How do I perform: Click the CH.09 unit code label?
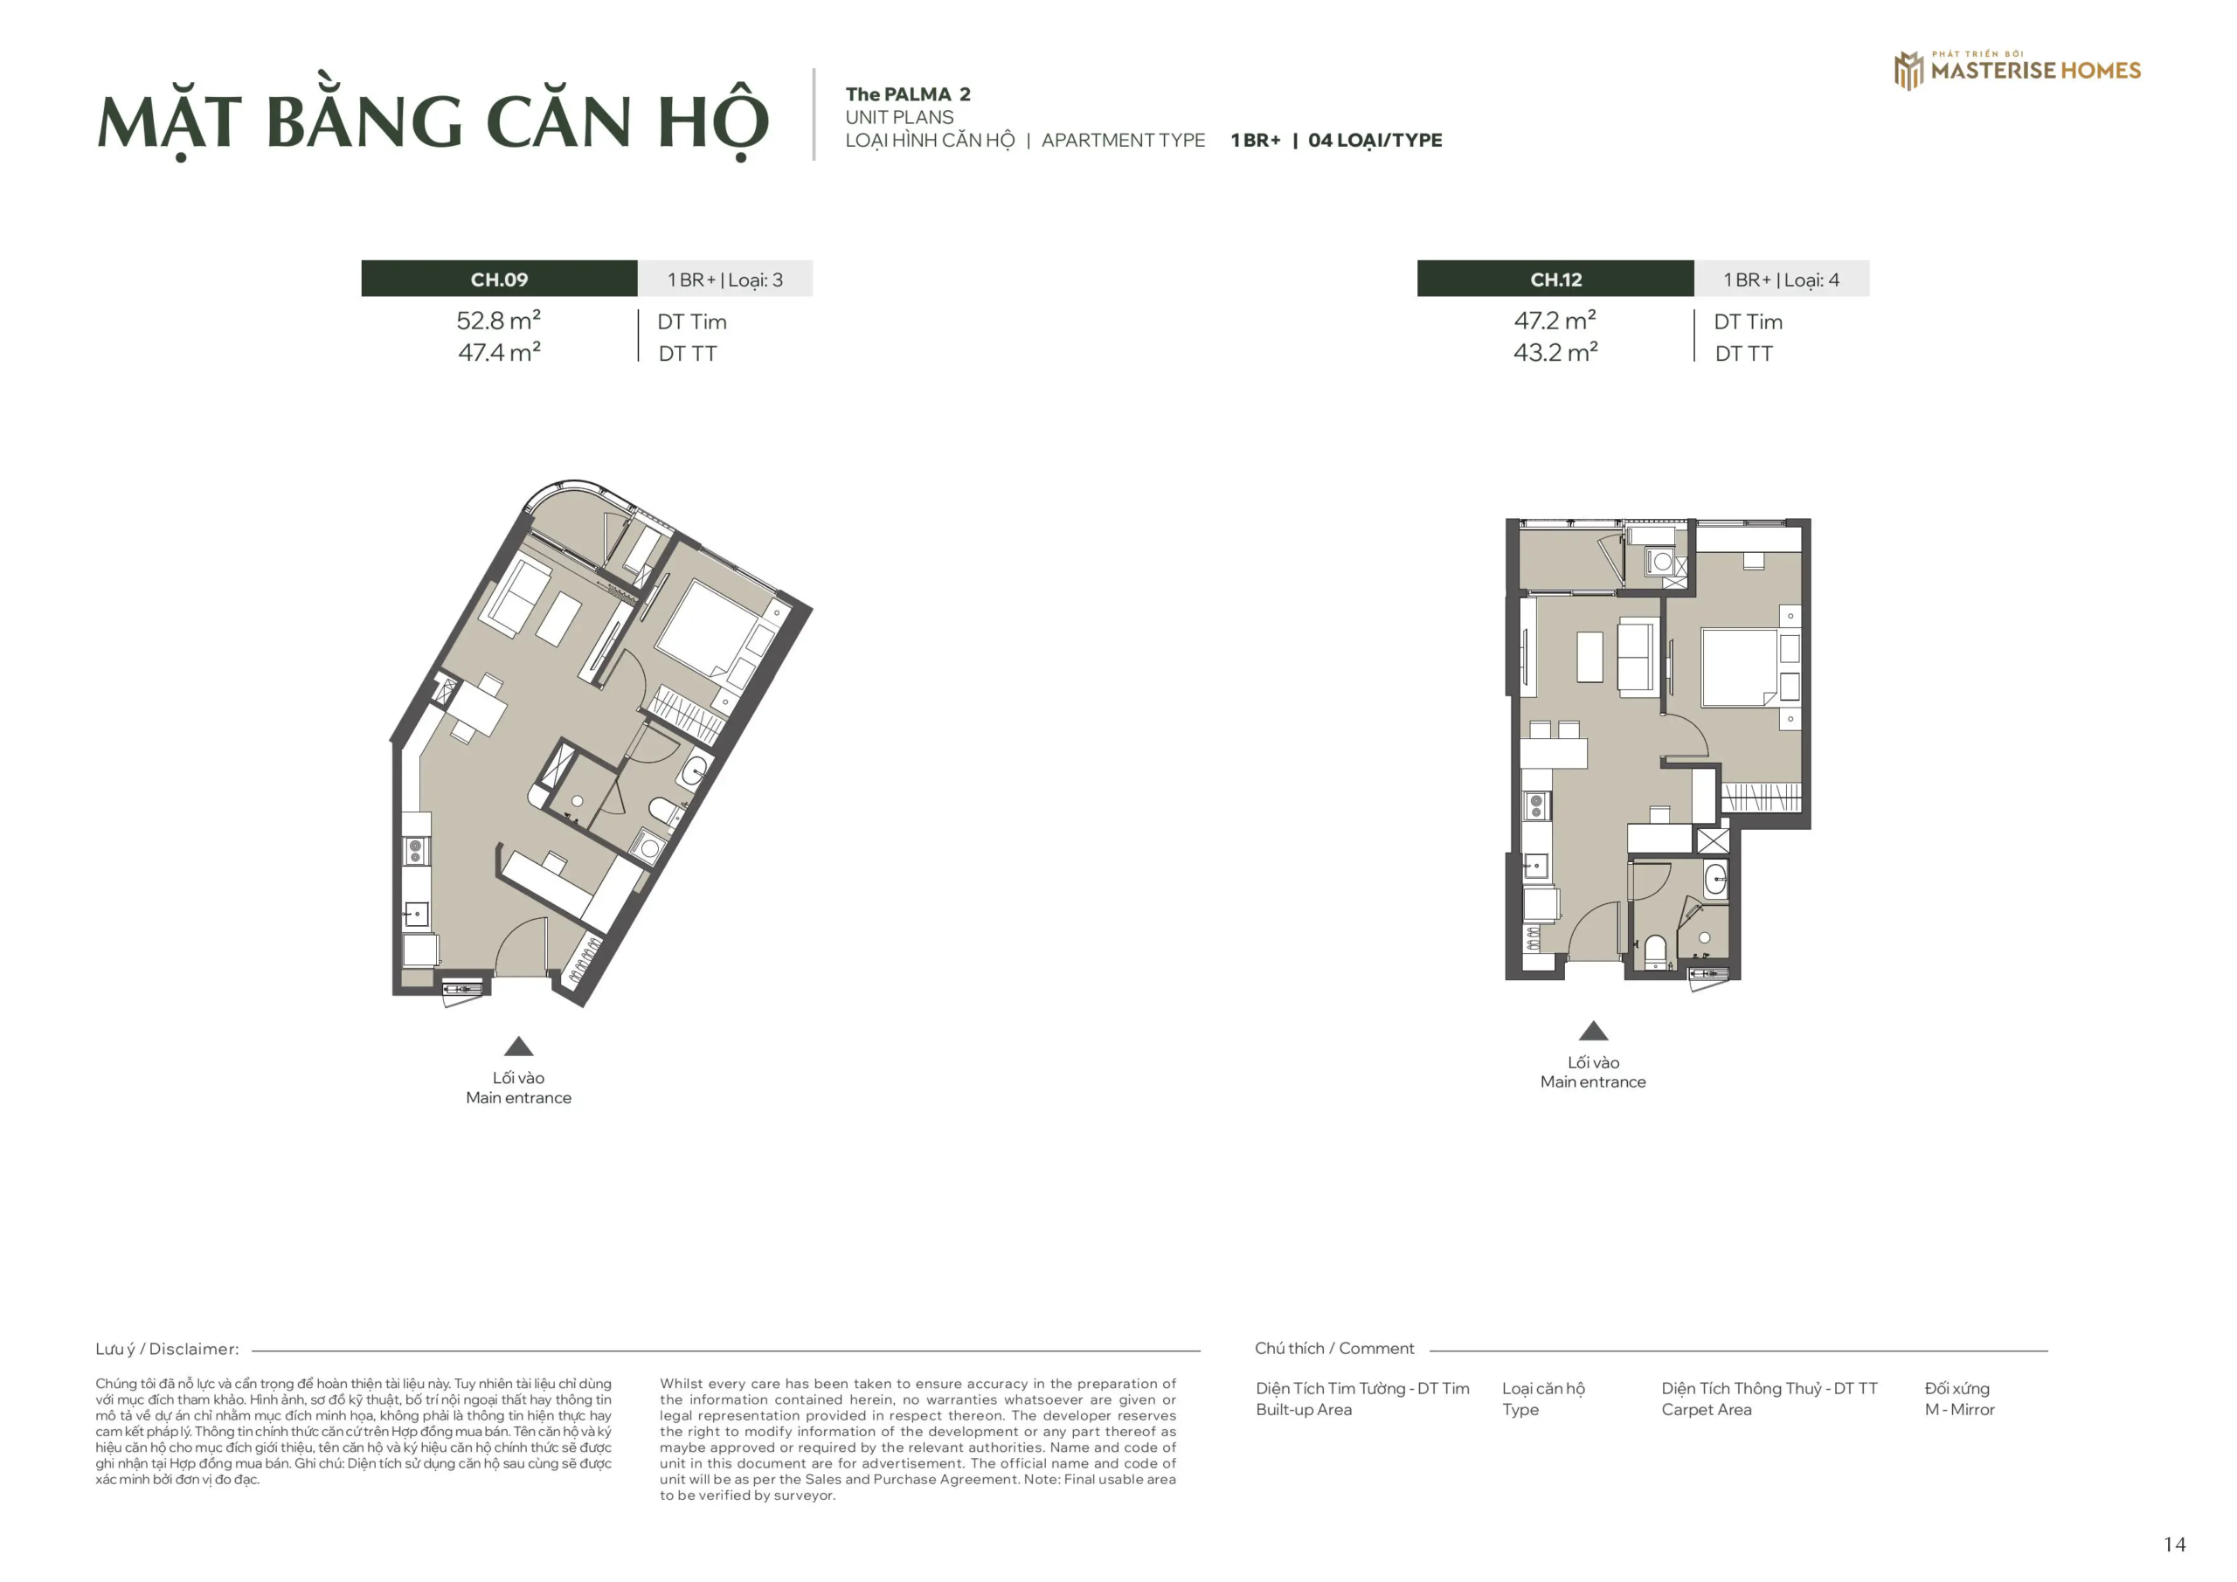coord(499,280)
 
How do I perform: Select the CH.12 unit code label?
coord(1555,280)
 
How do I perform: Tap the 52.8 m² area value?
coord(498,321)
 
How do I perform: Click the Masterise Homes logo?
coord(2017,70)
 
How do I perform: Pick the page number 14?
coord(2174,1545)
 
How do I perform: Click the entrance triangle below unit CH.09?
coord(518,1047)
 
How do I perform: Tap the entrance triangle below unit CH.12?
coord(1593,1031)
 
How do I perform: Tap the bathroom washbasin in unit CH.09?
coord(694,771)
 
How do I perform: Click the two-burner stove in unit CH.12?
coord(1536,805)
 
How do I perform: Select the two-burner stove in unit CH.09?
coord(415,851)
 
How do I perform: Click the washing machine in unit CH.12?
coord(1662,562)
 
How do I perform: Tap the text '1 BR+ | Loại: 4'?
coord(1781,280)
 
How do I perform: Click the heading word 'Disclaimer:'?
coord(194,1349)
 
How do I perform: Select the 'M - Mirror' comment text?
coord(1959,1410)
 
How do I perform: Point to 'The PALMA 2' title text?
coord(907,94)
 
